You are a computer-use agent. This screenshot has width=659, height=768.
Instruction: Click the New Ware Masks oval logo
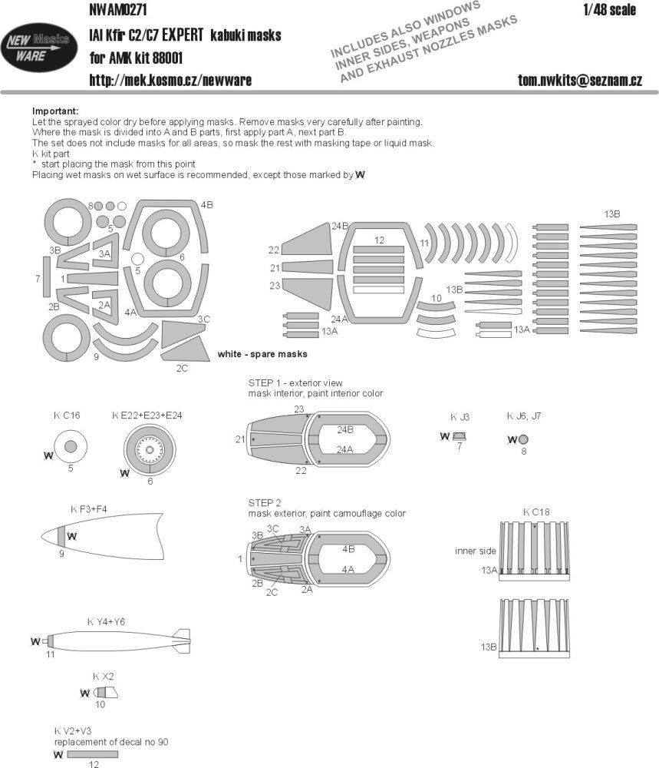tap(38, 46)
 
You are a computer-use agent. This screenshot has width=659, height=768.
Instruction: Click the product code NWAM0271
tap(119, 10)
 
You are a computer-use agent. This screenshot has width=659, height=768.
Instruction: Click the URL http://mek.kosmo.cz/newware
tap(170, 80)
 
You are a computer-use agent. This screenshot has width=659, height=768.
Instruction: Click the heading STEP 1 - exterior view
tap(295, 382)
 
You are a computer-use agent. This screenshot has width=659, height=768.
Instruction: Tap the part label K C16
tap(67, 415)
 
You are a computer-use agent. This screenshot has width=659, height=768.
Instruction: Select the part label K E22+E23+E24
tap(146, 415)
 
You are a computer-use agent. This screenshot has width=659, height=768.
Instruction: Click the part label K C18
tap(536, 511)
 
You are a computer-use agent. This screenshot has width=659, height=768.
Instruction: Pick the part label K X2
tap(104, 677)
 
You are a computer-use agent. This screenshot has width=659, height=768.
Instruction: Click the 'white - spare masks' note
tap(262, 354)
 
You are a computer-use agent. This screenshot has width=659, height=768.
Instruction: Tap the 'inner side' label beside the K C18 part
tap(476, 551)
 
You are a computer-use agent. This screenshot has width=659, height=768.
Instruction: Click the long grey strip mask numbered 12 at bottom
tap(92, 755)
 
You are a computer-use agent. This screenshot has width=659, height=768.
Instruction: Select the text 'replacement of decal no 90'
tap(110, 742)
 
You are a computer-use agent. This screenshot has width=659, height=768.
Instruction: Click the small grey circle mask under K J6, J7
tap(523, 440)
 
